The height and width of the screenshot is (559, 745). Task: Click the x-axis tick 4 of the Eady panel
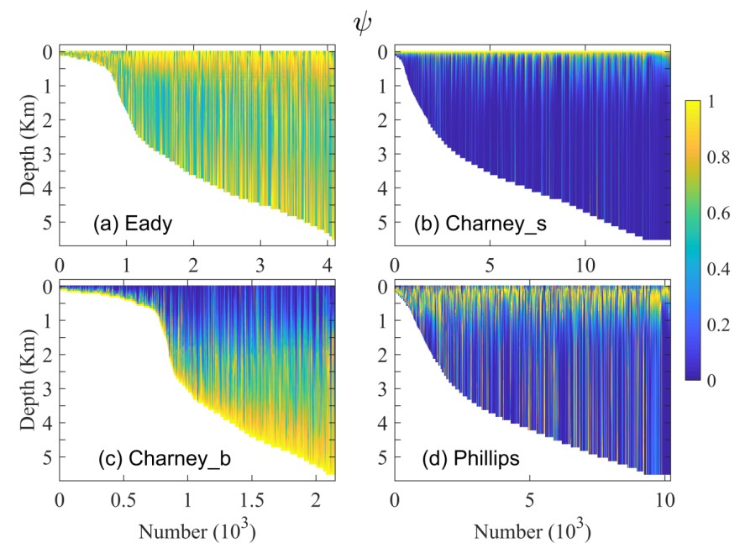[328, 266]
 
